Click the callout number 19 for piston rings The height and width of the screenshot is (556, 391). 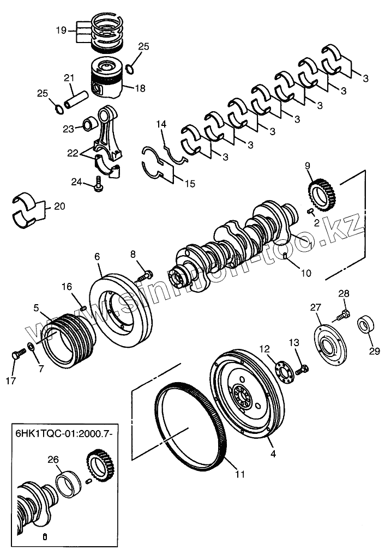point(61,30)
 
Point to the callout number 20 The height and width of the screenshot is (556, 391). point(59,207)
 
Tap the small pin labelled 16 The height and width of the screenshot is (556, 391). point(83,308)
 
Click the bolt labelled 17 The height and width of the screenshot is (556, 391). point(19,354)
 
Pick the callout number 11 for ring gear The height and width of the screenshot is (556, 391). point(240,474)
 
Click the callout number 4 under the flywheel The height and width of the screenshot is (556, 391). point(273,454)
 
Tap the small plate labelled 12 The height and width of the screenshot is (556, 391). point(284,371)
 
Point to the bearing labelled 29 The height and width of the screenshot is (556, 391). point(366,324)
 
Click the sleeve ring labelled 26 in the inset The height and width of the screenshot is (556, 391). point(69,484)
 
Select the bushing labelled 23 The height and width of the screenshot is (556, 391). point(90,124)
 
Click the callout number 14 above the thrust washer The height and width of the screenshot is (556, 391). point(161,124)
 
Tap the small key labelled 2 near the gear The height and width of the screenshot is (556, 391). point(310,211)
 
